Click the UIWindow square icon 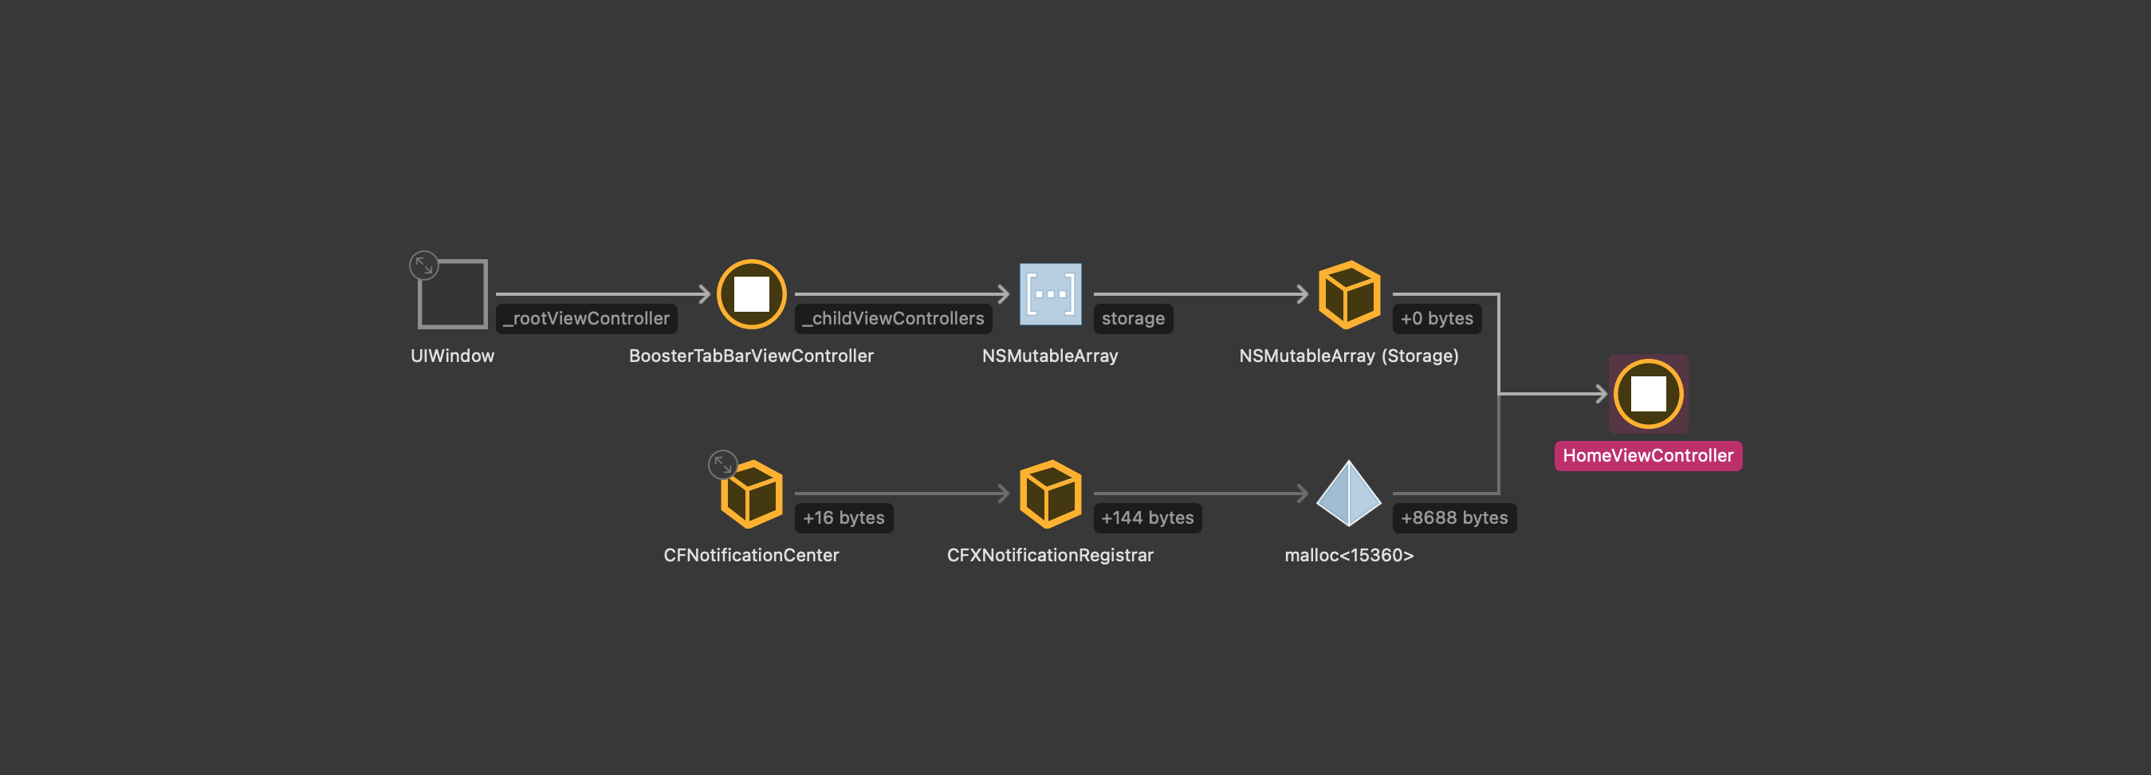pos(453,295)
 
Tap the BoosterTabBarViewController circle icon pos(752,294)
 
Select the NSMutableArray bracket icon pos(1051,294)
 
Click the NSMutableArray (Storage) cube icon pos(1348,294)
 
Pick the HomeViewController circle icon pos(1648,393)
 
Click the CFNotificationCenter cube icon pos(752,494)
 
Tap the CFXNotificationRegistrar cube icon pos(1051,494)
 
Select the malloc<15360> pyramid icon pos(1348,494)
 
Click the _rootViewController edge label pos(586,318)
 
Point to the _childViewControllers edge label pos(893,318)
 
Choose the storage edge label pos(1132,318)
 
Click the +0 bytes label pos(1436,318)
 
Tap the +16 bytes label pos(843,517)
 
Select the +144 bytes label pos(1147,517)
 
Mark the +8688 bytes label pos(1453,517)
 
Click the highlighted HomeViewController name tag pos(1647,455)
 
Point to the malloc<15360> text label pos(1348,556)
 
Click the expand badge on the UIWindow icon pos(424,266)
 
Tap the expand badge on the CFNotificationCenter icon pos(722,464)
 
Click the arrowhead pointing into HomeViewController pos(1601,393)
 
